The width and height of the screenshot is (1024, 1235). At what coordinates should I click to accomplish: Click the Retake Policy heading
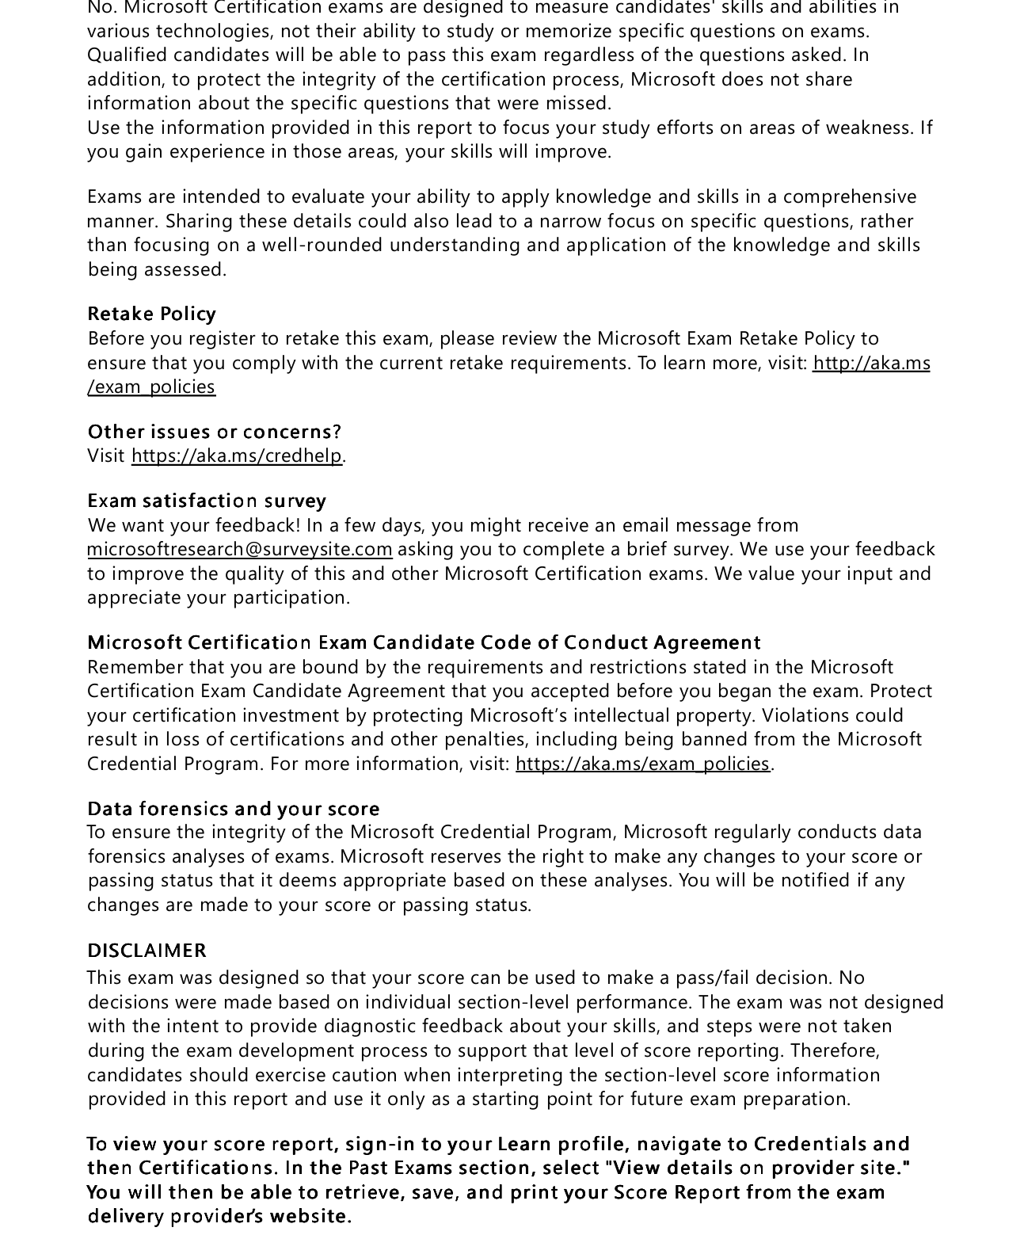[151, 314]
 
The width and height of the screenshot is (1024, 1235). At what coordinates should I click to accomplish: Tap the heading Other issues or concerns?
[214, 432]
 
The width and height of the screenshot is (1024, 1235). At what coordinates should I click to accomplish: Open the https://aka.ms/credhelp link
[237, 456]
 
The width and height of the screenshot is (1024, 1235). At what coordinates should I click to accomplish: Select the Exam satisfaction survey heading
[207, 501]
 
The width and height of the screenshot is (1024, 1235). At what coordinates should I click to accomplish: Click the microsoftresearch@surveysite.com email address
[239, 549]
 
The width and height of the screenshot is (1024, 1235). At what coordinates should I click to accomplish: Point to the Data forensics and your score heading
[234, 809]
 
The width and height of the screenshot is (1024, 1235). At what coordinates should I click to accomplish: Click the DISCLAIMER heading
[147, 950]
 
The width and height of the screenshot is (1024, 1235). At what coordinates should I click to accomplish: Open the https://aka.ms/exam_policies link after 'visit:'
[642, 764]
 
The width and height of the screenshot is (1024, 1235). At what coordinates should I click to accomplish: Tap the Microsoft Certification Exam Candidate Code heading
[424, 642]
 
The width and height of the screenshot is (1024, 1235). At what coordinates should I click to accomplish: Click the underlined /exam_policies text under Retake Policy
[151, 387]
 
